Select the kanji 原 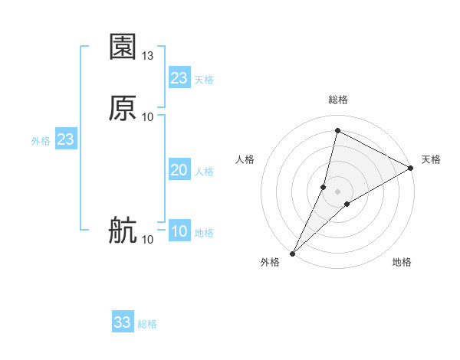123,108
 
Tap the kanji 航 123,231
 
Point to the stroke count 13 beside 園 148,56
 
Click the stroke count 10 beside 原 148,116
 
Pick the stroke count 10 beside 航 148,240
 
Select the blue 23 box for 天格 179,78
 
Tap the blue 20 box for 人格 179,170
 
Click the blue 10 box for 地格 179,232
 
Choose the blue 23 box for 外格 65,140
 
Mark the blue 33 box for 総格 123,322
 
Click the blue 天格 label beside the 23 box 204,80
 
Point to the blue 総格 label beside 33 147,324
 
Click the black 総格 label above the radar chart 338,100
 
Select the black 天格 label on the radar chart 431,159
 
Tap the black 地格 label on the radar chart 402,262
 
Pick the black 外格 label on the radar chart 270,262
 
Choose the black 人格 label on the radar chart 245,159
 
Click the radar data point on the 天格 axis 411,168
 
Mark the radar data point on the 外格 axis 293,253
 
